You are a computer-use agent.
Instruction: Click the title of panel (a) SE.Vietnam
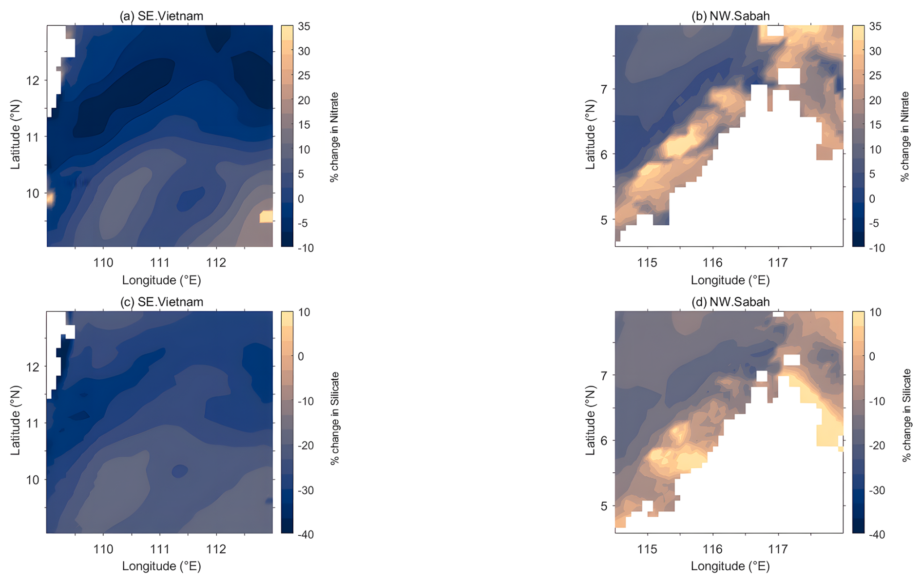(161, 16)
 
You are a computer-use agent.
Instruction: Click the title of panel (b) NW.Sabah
(730, 16)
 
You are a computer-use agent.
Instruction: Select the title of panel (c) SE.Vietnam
(161, 302)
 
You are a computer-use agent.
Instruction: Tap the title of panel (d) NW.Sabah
(730, 302)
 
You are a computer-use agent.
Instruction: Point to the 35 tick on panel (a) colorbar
(304, 26)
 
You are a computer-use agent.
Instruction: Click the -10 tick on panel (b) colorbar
(874, 248)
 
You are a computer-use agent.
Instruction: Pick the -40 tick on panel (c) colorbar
(305, 534)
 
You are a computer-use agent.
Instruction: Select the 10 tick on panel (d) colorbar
(875, 312)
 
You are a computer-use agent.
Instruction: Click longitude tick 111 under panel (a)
(160, 263)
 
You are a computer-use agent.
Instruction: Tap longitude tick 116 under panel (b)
(712, 263)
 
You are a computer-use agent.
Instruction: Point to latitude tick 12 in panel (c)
(33, 367)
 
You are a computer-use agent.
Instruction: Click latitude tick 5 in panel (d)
(604, 506)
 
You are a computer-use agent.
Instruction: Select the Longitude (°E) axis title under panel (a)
(161, 280)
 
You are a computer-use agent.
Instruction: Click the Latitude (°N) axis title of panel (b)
(591, 135)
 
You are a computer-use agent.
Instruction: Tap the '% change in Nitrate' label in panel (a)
(334, 137)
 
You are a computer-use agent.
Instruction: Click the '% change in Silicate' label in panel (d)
(906, 415)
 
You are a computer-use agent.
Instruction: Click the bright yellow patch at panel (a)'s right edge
(266, 216)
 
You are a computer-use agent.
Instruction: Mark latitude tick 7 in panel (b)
(604, 89)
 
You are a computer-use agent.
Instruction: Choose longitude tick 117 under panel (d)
(778, 549)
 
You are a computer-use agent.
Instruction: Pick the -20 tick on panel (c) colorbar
(305, 446)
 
